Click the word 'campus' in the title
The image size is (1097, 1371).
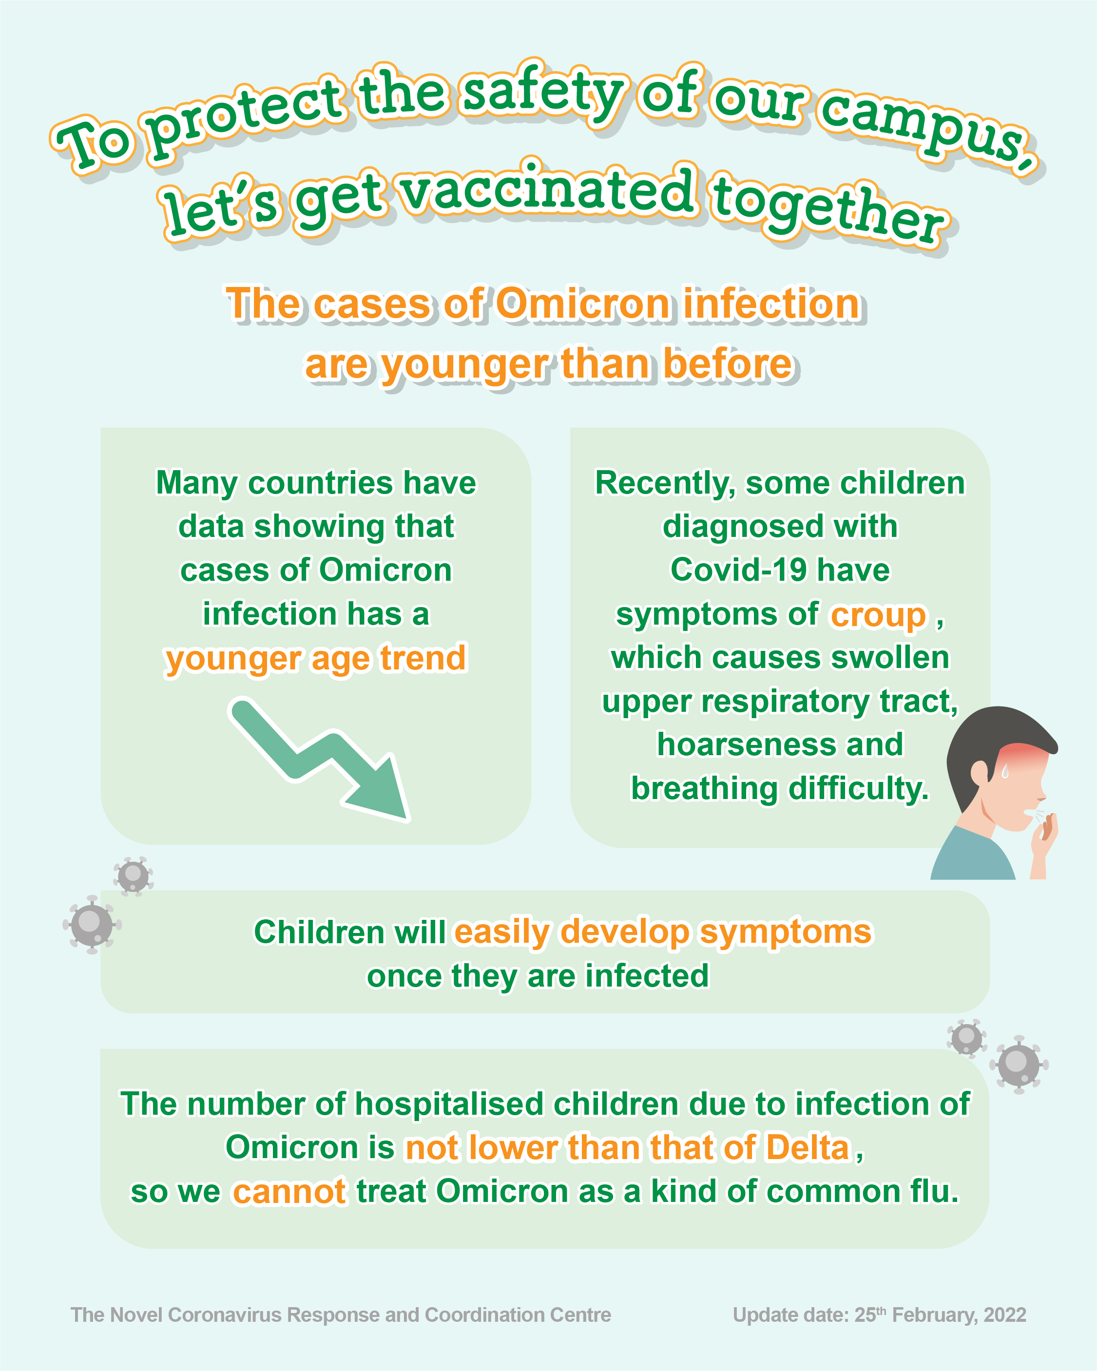[922, 127]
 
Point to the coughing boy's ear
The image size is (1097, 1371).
[980, 773]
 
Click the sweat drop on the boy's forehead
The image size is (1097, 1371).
[1005, 771]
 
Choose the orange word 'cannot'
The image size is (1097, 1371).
[289, 1191]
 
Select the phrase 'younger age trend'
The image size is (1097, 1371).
[315, 659]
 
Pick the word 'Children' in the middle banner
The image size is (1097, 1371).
[319, 932]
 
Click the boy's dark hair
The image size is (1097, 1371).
[992, 738]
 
